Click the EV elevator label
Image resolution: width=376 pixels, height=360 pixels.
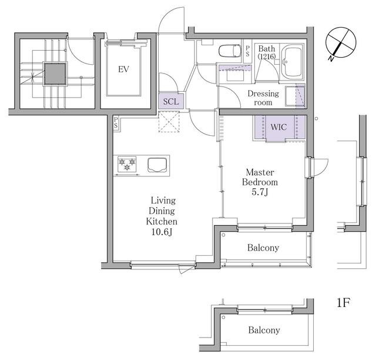pos(123,69)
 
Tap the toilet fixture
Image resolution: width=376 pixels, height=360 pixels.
pos(230,51)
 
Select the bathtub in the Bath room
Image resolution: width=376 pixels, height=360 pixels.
pos(292,62)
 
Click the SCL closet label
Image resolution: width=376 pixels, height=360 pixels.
pos(171,101)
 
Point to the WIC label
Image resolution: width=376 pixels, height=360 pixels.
pos(278,126)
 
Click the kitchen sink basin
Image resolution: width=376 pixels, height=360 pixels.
pos(157,165)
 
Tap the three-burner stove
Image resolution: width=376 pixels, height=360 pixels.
pos(127,164)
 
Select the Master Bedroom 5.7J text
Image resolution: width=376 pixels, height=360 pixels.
pos(260,182)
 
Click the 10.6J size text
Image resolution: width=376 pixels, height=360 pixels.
pos(162,232)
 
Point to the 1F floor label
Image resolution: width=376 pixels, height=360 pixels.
pos(343,302)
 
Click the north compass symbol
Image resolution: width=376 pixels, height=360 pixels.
pos(340,44)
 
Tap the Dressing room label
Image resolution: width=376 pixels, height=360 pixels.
pos(263,98)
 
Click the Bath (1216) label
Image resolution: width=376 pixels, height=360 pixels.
pos(267,52)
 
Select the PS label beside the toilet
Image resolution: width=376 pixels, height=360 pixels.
pos(247,51)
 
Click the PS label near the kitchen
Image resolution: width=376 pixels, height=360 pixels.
pos(116,122)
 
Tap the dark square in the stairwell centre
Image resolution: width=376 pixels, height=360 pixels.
pos(55,74)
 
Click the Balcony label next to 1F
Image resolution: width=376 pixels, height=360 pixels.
pos(264,330)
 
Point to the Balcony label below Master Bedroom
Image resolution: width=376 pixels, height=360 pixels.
pos(263,248)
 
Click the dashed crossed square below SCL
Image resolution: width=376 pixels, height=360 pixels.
pos(169,122)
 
